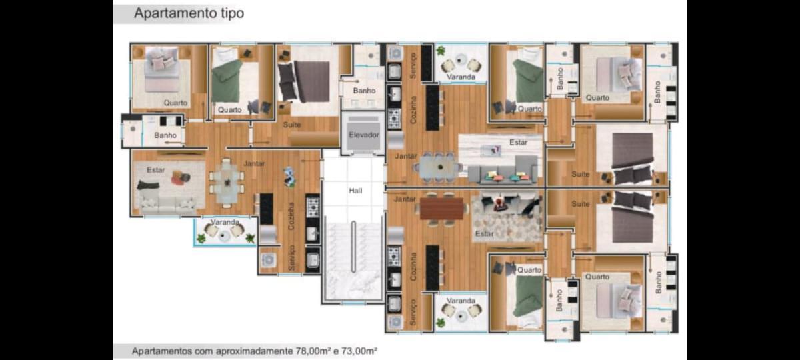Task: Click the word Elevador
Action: [x=363, y=135]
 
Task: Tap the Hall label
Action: [x=355, y=191]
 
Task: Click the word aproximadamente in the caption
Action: [x=253, y=351]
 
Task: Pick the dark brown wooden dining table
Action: [x=441, y=209]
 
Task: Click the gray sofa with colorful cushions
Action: [x=503, y=171]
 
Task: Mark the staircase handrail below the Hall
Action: [x=353, y=247]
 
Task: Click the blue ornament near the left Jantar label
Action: [x=289, y=177]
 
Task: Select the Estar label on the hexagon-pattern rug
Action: [x=484, y=233]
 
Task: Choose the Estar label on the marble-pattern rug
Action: [x=518, y=143]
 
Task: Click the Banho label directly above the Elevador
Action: [x=364, y=91]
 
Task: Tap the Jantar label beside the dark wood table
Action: [x=405, y=199]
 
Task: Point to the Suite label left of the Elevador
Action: [x=292, y=125]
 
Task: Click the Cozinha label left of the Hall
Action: [x=291, y=216]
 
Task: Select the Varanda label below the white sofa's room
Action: [x=225, y=222]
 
